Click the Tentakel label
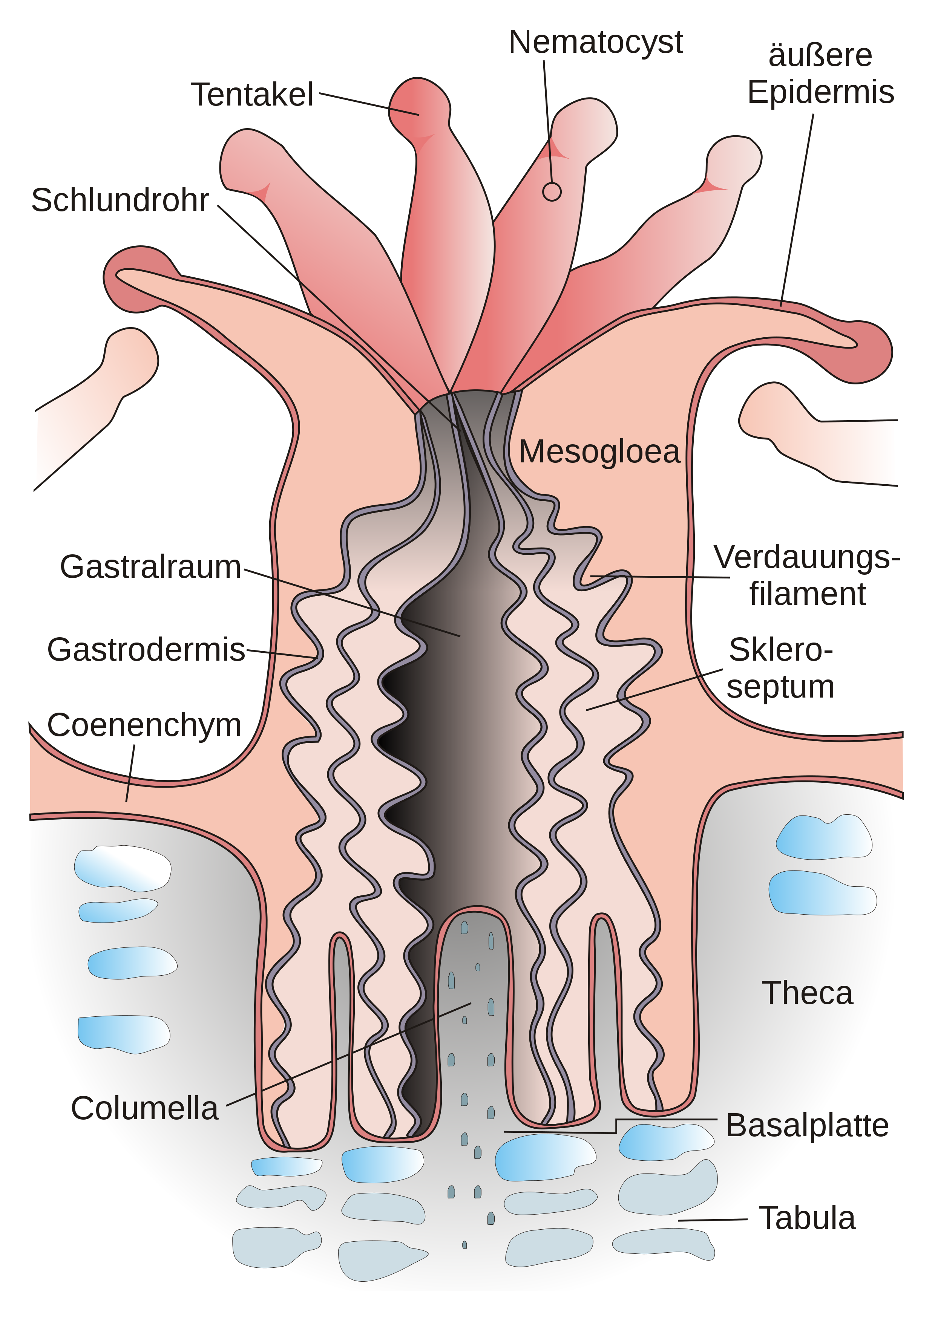[252, 95]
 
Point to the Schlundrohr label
[120, 200]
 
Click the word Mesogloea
[600, 451]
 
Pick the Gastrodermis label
[146, 649]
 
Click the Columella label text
[145, 1108]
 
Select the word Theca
[807, 993]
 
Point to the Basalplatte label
[807, 1125]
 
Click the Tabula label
[807, 1218]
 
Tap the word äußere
[820, 56]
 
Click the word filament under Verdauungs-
[807, 594]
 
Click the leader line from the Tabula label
[713, 1219]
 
